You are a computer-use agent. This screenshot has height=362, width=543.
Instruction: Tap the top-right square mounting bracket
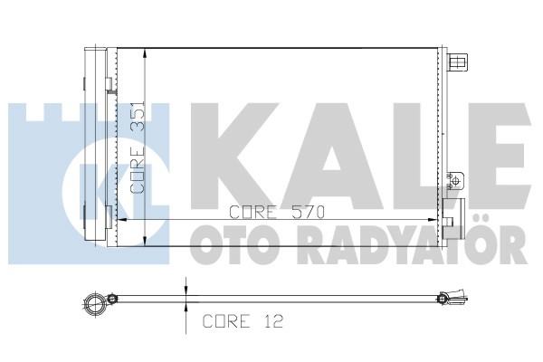click(x=459, y=62)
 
